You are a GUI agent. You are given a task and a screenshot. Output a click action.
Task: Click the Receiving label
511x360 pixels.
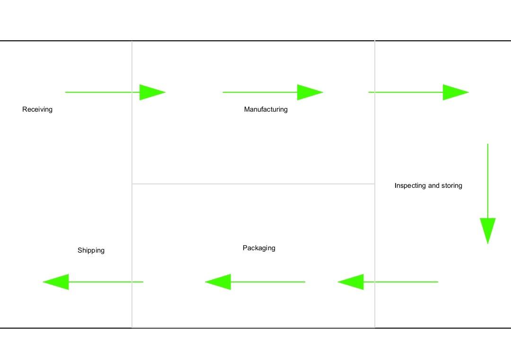click(37, 109)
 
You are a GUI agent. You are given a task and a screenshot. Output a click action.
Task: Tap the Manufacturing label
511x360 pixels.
click(265, 109)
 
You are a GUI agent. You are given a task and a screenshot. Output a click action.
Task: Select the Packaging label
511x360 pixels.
click(259, 248)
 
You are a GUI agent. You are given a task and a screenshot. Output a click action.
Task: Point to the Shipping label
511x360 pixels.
click(91, 250)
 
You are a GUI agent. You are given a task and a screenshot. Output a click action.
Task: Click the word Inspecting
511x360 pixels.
click(410, 185)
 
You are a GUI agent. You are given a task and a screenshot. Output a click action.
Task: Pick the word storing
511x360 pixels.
click(451, 185)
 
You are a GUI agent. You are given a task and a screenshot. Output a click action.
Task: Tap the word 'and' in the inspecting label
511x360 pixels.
click(434, 185)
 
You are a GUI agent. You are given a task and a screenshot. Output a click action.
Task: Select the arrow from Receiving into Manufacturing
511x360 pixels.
click(115, 92)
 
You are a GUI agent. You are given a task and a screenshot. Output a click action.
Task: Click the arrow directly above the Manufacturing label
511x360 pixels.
click(273, 92)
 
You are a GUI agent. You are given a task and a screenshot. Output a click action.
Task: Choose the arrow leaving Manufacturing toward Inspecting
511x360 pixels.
click(418, 92)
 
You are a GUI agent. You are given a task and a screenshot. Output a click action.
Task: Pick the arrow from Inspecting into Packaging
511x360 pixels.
click(388, 282)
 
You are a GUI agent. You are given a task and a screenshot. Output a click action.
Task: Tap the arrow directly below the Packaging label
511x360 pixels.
click(255, 282)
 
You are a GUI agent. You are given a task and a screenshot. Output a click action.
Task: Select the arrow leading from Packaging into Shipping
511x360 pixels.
click(93, 282)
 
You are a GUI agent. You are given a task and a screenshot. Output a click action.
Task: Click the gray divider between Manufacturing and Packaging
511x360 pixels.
click(253, 184)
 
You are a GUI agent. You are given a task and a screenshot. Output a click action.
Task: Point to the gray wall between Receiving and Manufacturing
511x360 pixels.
click(132, 142)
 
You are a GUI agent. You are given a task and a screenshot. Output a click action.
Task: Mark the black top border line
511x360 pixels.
click(255, 41)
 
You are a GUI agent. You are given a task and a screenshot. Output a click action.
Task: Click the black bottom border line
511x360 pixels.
click(255, 327)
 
